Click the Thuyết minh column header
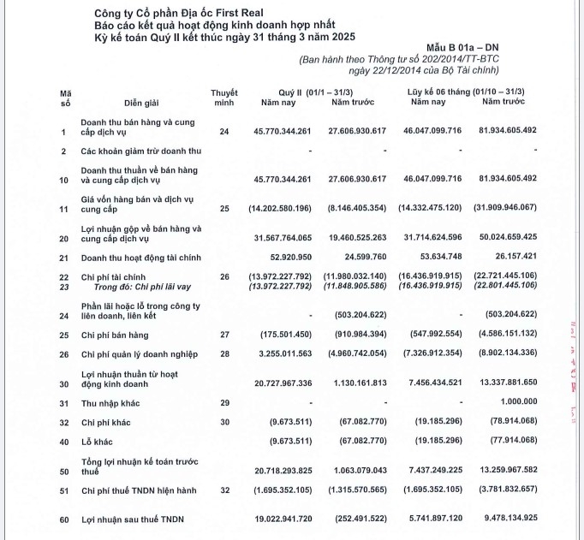point(224,96)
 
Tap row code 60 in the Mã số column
point(63,519)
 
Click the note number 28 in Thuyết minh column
point(224,352)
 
